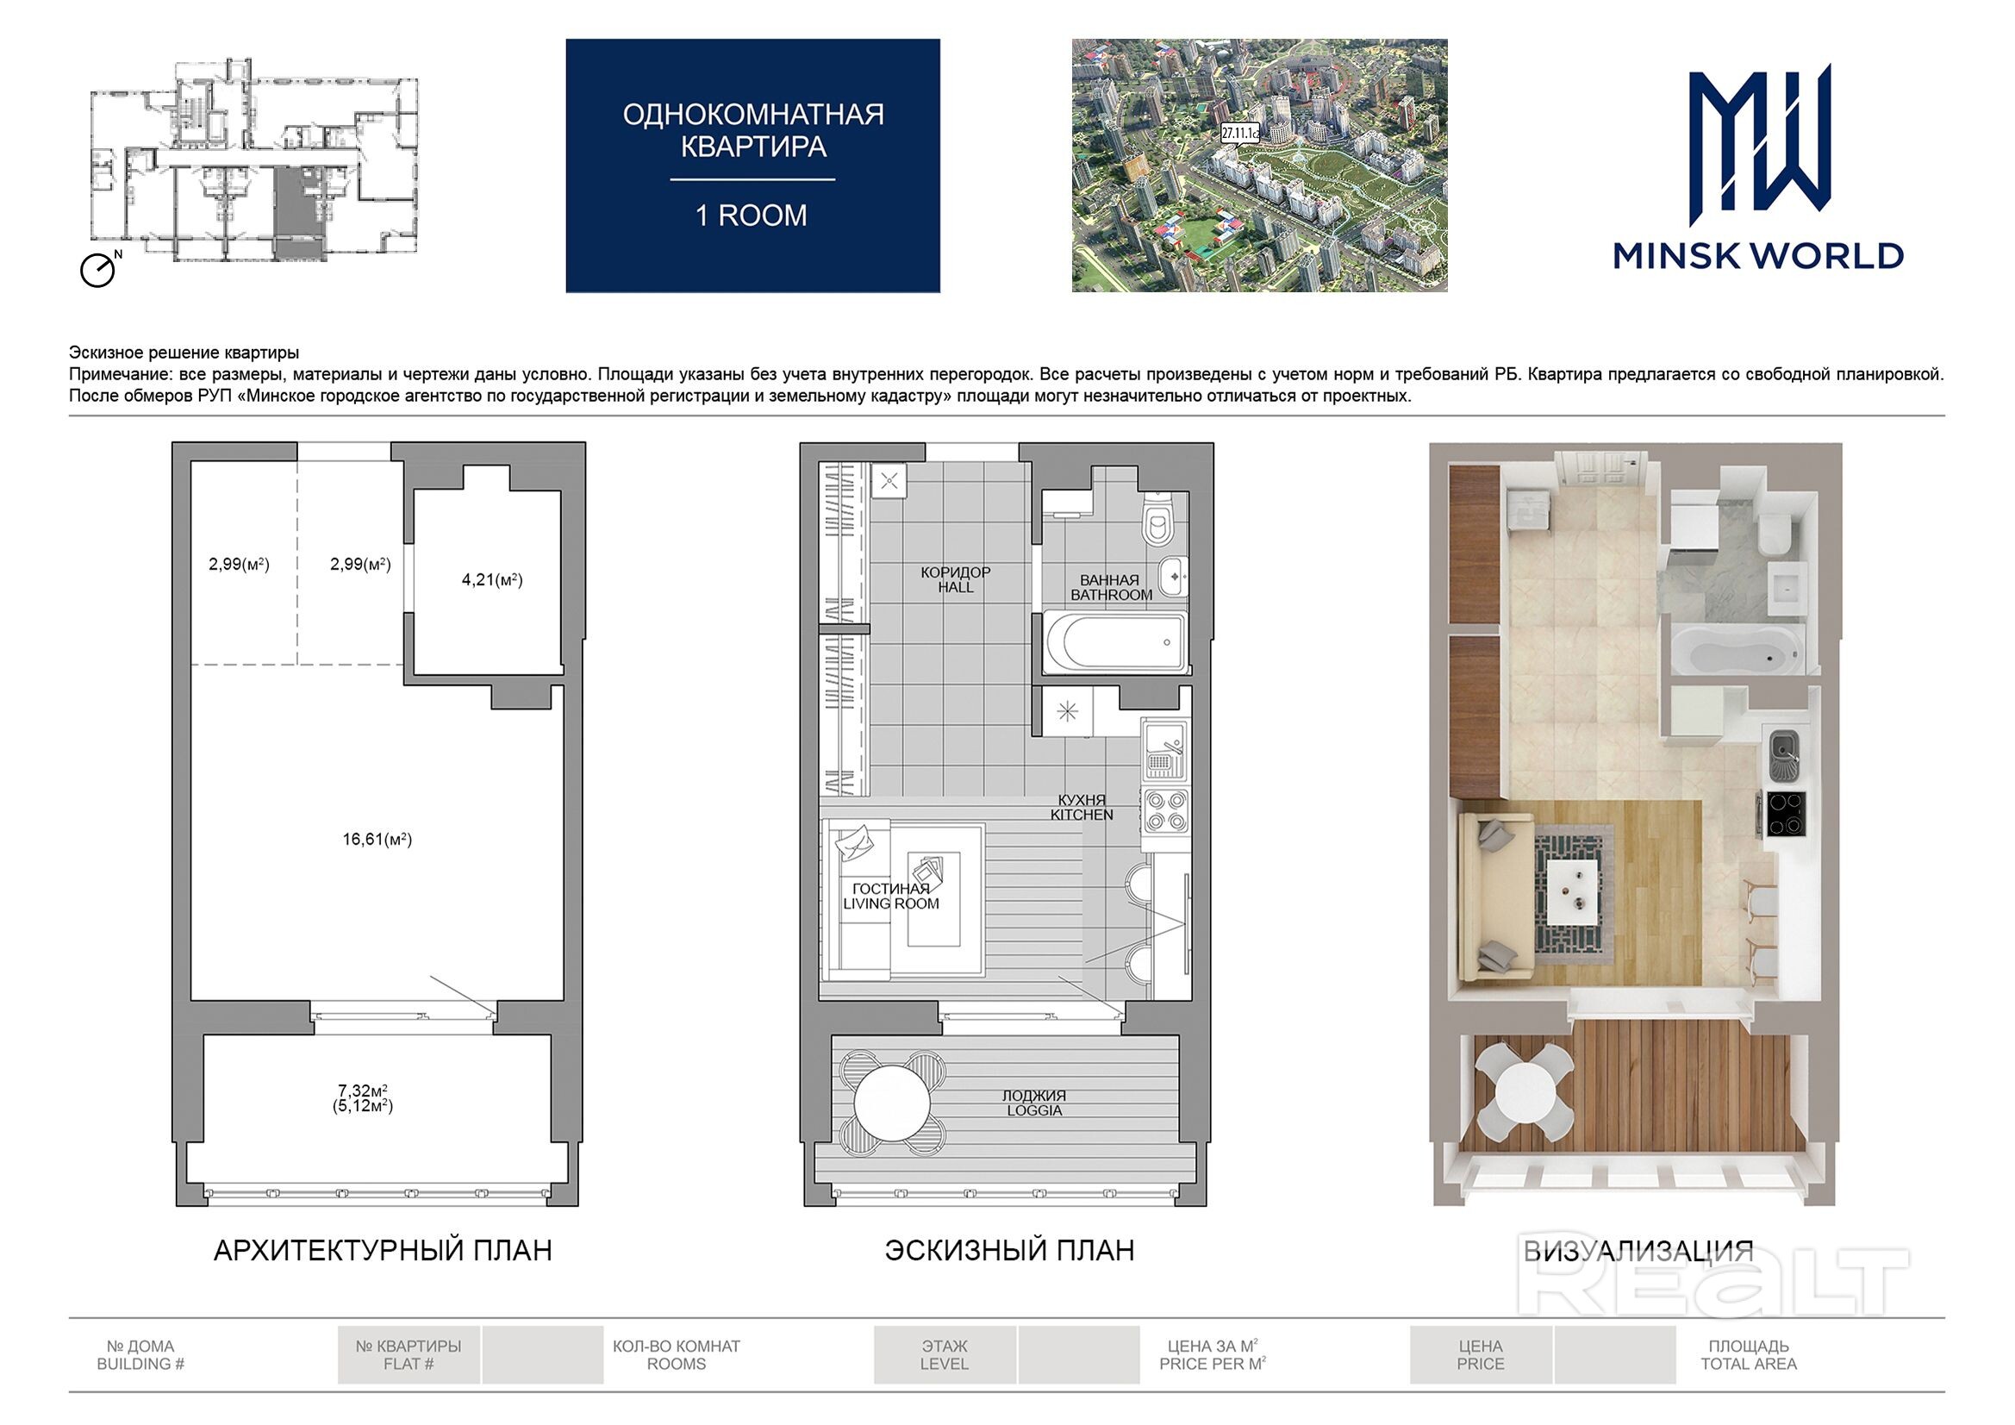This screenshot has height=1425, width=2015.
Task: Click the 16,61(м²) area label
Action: pos(377,840)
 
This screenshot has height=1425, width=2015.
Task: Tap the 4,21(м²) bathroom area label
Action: pos(492,579)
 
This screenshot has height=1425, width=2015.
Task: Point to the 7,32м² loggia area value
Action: pos(364,1091)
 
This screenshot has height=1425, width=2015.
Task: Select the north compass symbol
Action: pos(99,269)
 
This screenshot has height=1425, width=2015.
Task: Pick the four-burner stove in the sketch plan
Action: pos(1165,810)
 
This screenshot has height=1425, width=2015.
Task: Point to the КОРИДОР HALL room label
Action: pos(956,579)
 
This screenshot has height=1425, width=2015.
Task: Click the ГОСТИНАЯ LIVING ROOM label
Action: pos(891,897)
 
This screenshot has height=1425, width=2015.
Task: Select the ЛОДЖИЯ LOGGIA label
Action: pos(1035,1103)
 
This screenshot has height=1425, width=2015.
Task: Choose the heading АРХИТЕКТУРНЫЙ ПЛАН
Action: pos(384,1250)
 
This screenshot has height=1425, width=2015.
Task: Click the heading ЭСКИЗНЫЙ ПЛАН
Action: pos(1009,1250)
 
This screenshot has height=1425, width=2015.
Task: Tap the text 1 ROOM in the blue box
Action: pos(752,216)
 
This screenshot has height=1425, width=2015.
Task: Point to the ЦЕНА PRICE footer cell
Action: pos(1481,1355)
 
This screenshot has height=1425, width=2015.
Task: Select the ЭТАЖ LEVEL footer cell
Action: pos(945,1355)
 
